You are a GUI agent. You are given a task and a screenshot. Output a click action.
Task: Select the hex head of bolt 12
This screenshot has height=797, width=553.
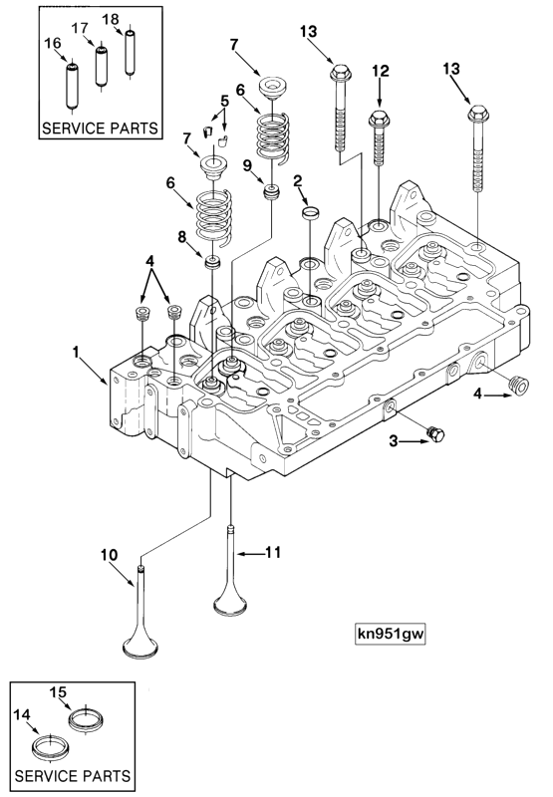click(380, 120)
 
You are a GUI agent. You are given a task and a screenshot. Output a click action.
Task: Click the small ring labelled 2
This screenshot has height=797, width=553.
click(310, 211)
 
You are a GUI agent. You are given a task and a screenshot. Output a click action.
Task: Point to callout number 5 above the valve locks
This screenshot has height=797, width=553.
click(224, 101)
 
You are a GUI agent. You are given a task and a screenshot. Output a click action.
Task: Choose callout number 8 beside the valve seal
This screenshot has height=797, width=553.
click(181, 238)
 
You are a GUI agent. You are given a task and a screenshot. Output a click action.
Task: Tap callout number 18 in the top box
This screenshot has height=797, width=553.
click(111, 18)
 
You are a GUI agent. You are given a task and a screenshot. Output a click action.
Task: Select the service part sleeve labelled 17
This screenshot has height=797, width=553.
click(101, 67)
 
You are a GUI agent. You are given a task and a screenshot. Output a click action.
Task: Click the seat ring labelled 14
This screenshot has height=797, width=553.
click(47, 747)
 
